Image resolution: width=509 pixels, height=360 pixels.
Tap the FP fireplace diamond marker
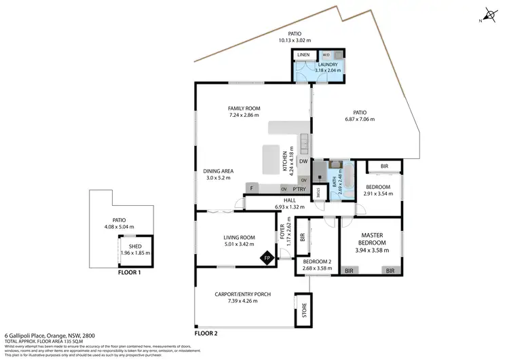tap(268, 258)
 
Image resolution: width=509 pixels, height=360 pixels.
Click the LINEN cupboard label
tap(303, 54)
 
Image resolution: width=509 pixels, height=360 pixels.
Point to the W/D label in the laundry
tap(326, 54)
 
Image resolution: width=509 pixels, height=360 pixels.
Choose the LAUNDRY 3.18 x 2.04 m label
tap(318, 68)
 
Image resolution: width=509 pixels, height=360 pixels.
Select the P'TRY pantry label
tap(298, 188)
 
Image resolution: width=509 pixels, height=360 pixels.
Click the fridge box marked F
tap(252, 188)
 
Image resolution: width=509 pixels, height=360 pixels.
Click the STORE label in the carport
tap(304, 310)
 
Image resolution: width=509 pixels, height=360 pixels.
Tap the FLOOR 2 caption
tap(206, 334)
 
